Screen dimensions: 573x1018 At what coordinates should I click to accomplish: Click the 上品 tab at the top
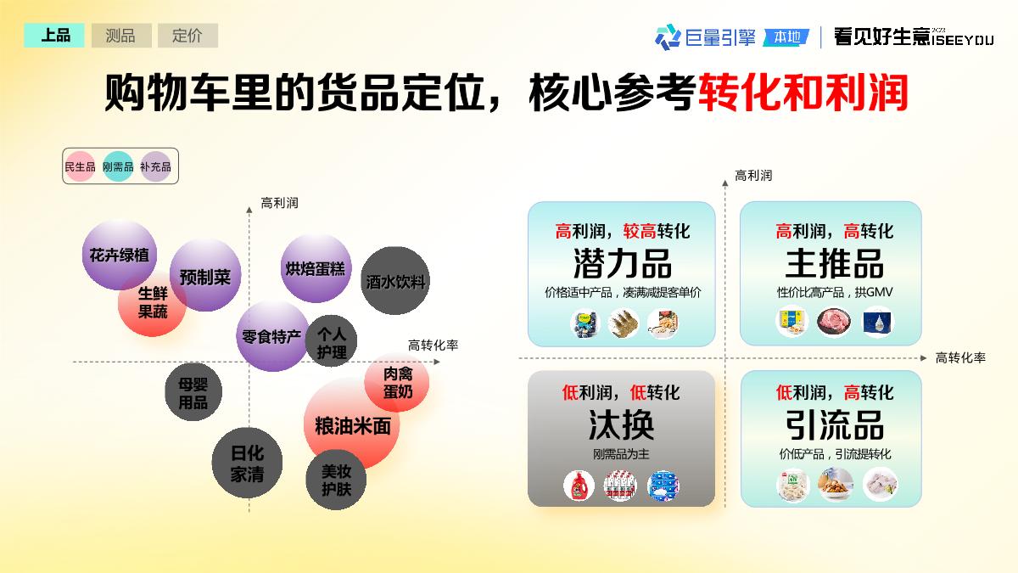[x=55, y=36]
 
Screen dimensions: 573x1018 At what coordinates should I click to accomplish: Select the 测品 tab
[x=120, y=36]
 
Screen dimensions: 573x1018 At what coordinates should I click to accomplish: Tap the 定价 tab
[x=187, y=36]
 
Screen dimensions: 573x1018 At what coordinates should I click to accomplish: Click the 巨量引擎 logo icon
[x=668, y=37]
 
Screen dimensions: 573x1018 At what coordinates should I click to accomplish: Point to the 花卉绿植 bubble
[x=119, y=255]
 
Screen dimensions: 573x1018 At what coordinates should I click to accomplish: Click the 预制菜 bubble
[x=205, y=276]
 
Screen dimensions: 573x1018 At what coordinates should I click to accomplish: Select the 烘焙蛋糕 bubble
[x=315, y=268]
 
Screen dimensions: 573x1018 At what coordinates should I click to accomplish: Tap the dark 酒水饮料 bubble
[x=395, y=281]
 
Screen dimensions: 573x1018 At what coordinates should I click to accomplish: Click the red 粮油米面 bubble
[x=352, y=425]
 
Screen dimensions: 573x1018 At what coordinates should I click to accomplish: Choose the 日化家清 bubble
[x=247, y=463]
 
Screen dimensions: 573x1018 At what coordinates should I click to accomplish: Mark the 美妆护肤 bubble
[x=336, y=480]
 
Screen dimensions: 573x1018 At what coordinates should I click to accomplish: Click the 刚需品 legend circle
[x=118, y=167]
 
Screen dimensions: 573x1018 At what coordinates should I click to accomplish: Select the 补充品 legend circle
[x=155, y=167]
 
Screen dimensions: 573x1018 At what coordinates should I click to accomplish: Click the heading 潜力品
[x=622, y=263]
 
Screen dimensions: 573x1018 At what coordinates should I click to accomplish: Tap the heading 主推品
[x=834, y=263]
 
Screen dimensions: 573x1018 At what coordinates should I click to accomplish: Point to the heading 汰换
[x=621, y=424]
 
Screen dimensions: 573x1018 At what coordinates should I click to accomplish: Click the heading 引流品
[x=834, y=424]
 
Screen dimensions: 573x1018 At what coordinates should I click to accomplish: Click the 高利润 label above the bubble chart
[x=279, y=204]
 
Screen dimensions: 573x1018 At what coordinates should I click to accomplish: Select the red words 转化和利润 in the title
[x=803, y=93]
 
